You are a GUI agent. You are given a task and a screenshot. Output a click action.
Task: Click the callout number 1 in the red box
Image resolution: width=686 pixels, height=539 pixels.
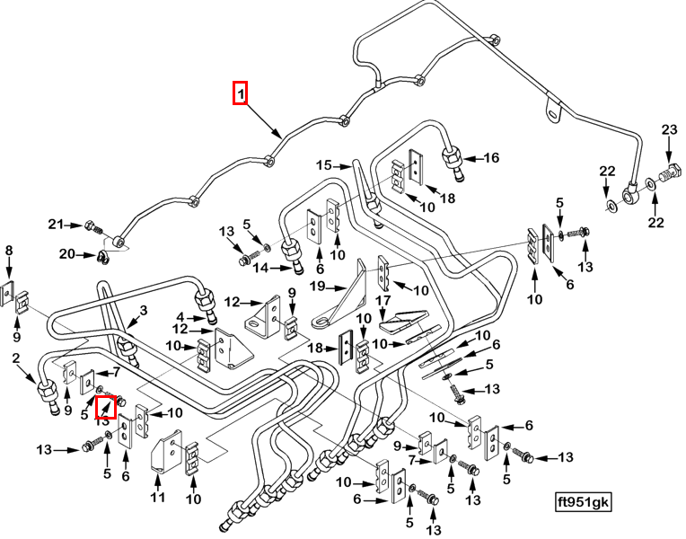pos(240,93)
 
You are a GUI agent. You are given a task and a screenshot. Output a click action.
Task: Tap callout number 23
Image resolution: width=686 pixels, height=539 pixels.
pos(668,131)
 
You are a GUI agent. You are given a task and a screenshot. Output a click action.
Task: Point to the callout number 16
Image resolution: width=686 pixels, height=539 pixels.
pos(491,158)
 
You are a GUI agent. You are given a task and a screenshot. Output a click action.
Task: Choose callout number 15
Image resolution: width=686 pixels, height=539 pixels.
pos(323,164)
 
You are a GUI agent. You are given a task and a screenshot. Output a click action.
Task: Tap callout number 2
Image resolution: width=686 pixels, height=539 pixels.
pos(15,360)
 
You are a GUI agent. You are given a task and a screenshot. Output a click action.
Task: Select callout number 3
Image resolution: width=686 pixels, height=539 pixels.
pos(140,311)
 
